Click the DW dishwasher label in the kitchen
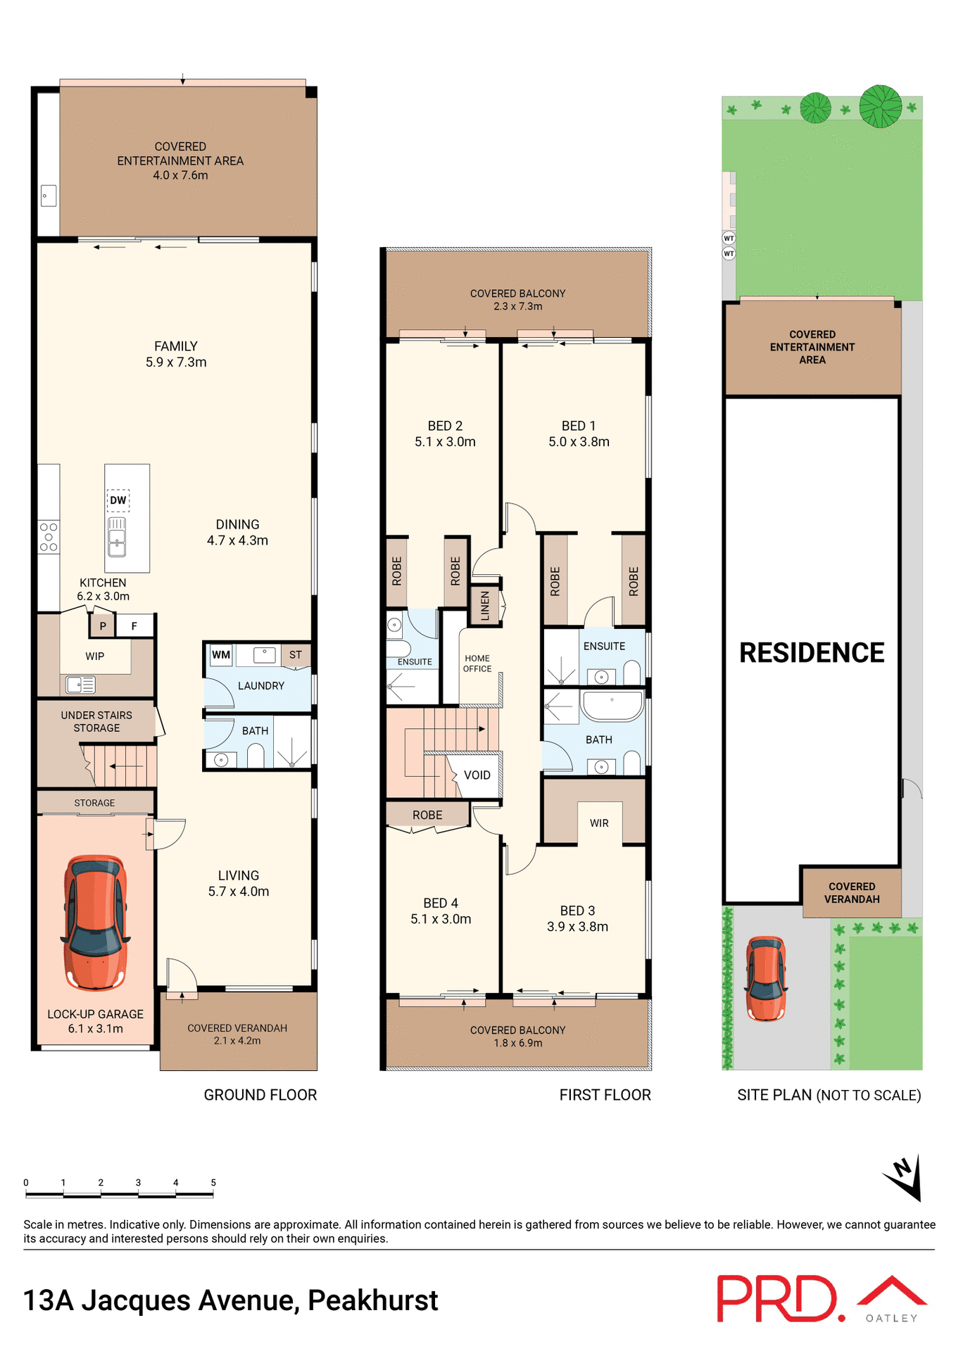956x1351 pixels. point(118,500)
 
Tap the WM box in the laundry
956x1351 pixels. point(221,655)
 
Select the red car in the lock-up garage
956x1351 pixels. point(96,922)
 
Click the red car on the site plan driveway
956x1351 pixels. point(766,978)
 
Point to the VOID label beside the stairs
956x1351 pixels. point(477,775)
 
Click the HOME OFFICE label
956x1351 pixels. point(477,664)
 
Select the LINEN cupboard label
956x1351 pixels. point(485,606)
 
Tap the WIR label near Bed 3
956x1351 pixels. point(599,823)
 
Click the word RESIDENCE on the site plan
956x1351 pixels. point(811,653)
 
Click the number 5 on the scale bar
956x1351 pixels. point(213,1183)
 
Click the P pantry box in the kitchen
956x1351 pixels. point(103,626)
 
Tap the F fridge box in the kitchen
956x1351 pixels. point(134,626)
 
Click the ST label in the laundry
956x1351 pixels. point(296,655)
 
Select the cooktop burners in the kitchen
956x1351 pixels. point(49,537)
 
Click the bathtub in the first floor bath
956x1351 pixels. point(612,705)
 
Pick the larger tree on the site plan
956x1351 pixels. point(880,106)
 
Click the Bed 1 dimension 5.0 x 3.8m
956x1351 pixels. point(579,442)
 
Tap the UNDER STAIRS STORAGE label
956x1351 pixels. point(96,722)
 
